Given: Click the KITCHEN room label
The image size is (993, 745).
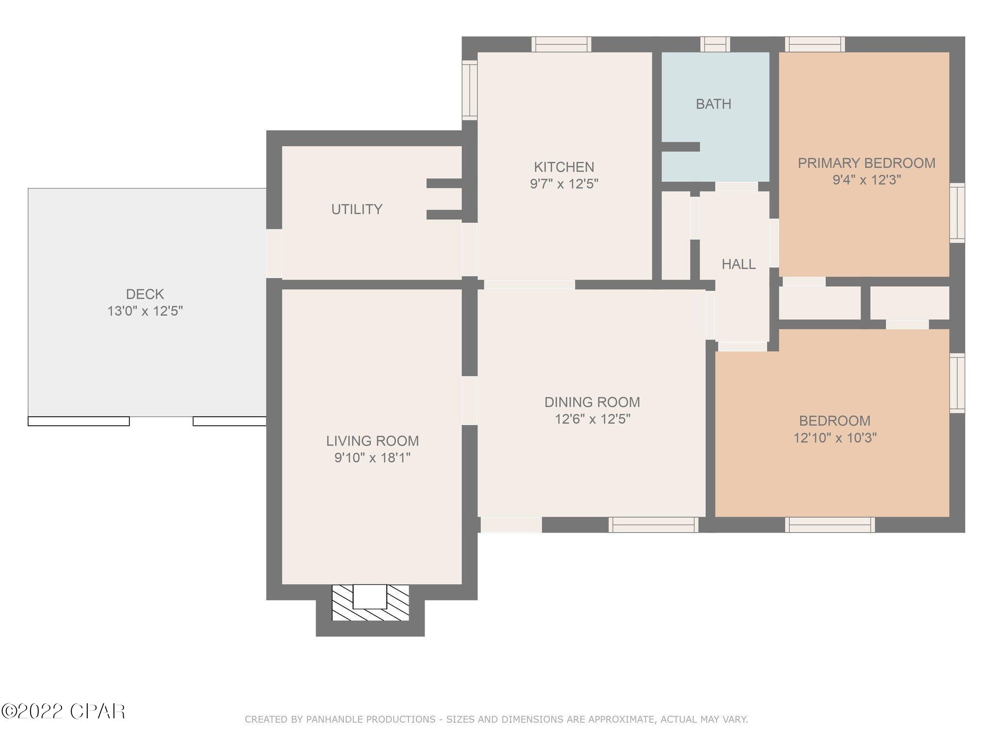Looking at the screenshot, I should click(563, 167).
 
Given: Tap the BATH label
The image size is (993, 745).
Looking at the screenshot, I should click(713, 104).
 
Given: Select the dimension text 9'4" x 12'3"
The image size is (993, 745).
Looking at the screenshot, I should click(866, 180).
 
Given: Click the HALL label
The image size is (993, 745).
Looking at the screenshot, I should click(738, 264).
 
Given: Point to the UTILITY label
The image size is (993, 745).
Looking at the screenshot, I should click(357, 209).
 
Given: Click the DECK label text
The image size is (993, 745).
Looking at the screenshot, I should click(144, 294).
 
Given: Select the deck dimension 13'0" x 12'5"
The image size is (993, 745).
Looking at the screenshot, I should click(144, 311).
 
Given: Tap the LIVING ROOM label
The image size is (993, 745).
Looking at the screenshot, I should click(372, 441).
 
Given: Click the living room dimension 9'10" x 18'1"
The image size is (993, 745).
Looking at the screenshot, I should click(372, 458).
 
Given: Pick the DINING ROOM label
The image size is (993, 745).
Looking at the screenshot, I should click(592, 402).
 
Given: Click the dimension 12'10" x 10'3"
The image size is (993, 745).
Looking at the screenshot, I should click(834, 438).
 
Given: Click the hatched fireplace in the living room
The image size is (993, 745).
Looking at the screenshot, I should click(370, 603).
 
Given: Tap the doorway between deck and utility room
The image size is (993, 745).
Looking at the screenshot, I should click(274, 253).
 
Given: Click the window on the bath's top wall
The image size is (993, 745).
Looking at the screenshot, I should click(715, 44).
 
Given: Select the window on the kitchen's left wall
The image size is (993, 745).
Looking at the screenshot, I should click(469, 90).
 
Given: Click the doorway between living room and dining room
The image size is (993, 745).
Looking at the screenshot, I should click(469, 401).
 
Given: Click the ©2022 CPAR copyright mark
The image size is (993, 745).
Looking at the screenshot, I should click(63, 712).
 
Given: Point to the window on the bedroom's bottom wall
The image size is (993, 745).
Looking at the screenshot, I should click(830, 525).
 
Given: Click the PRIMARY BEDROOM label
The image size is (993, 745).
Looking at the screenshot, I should click(866, 163).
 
